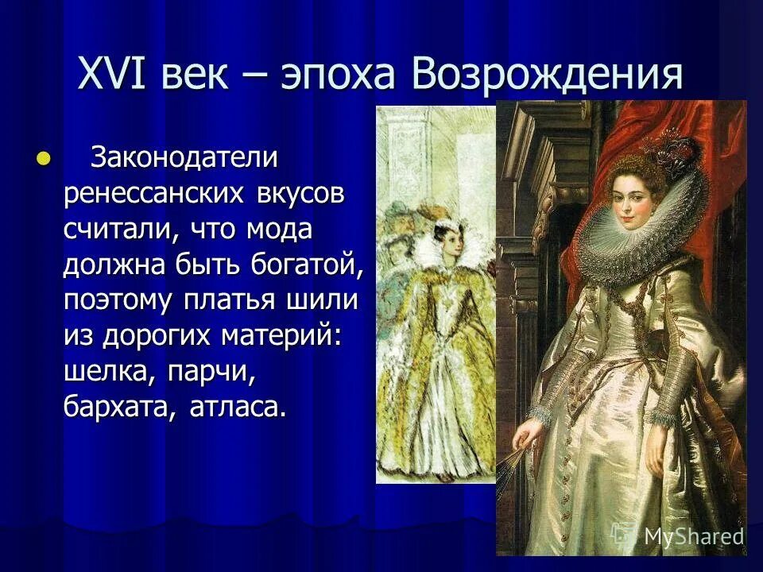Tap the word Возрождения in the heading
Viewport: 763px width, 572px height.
(x=548, y=76)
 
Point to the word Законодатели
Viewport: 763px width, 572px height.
(x=184, y=158)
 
